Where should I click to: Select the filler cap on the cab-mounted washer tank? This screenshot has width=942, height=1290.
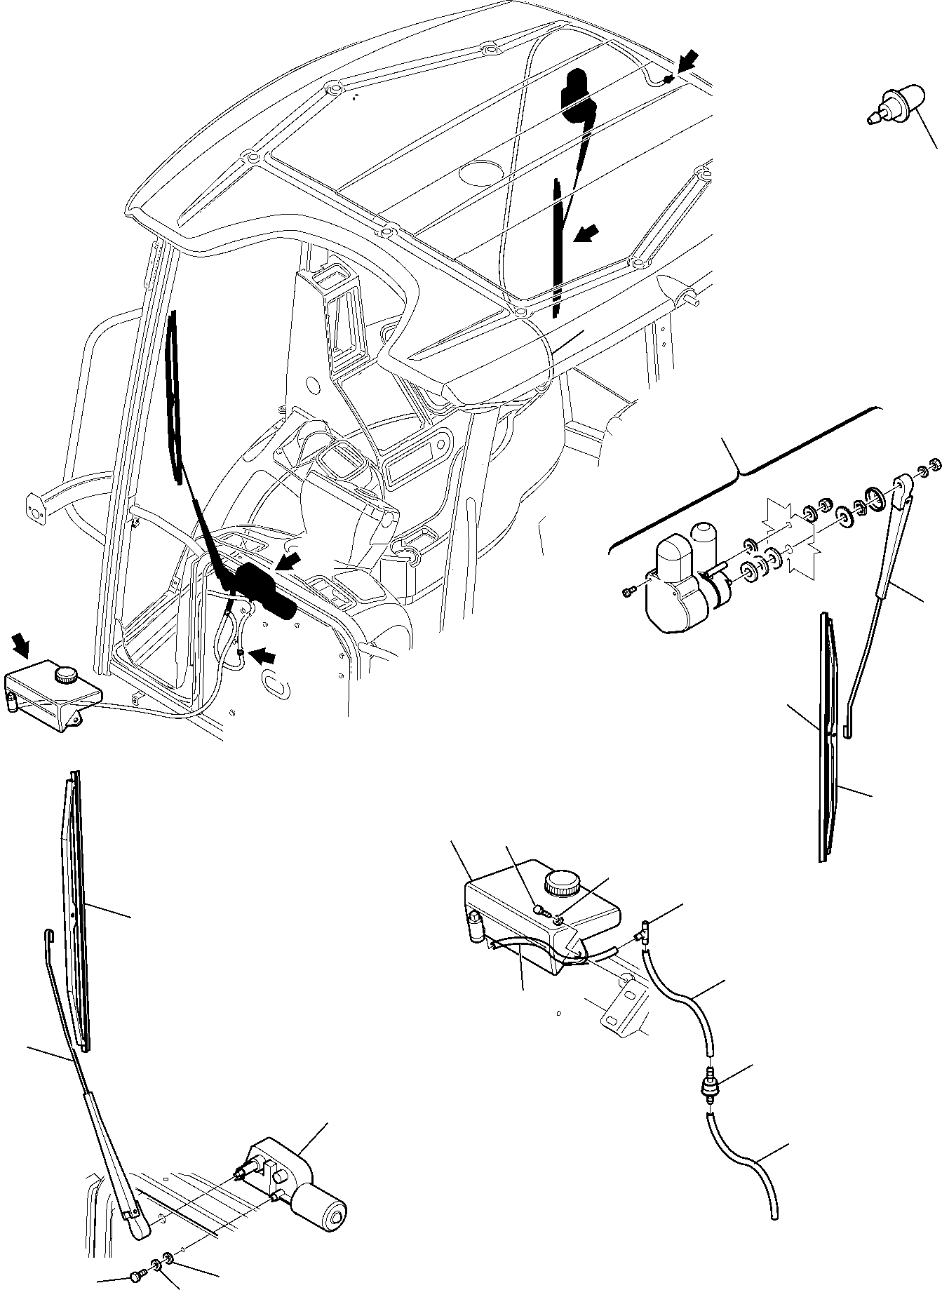coord(67,676)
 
